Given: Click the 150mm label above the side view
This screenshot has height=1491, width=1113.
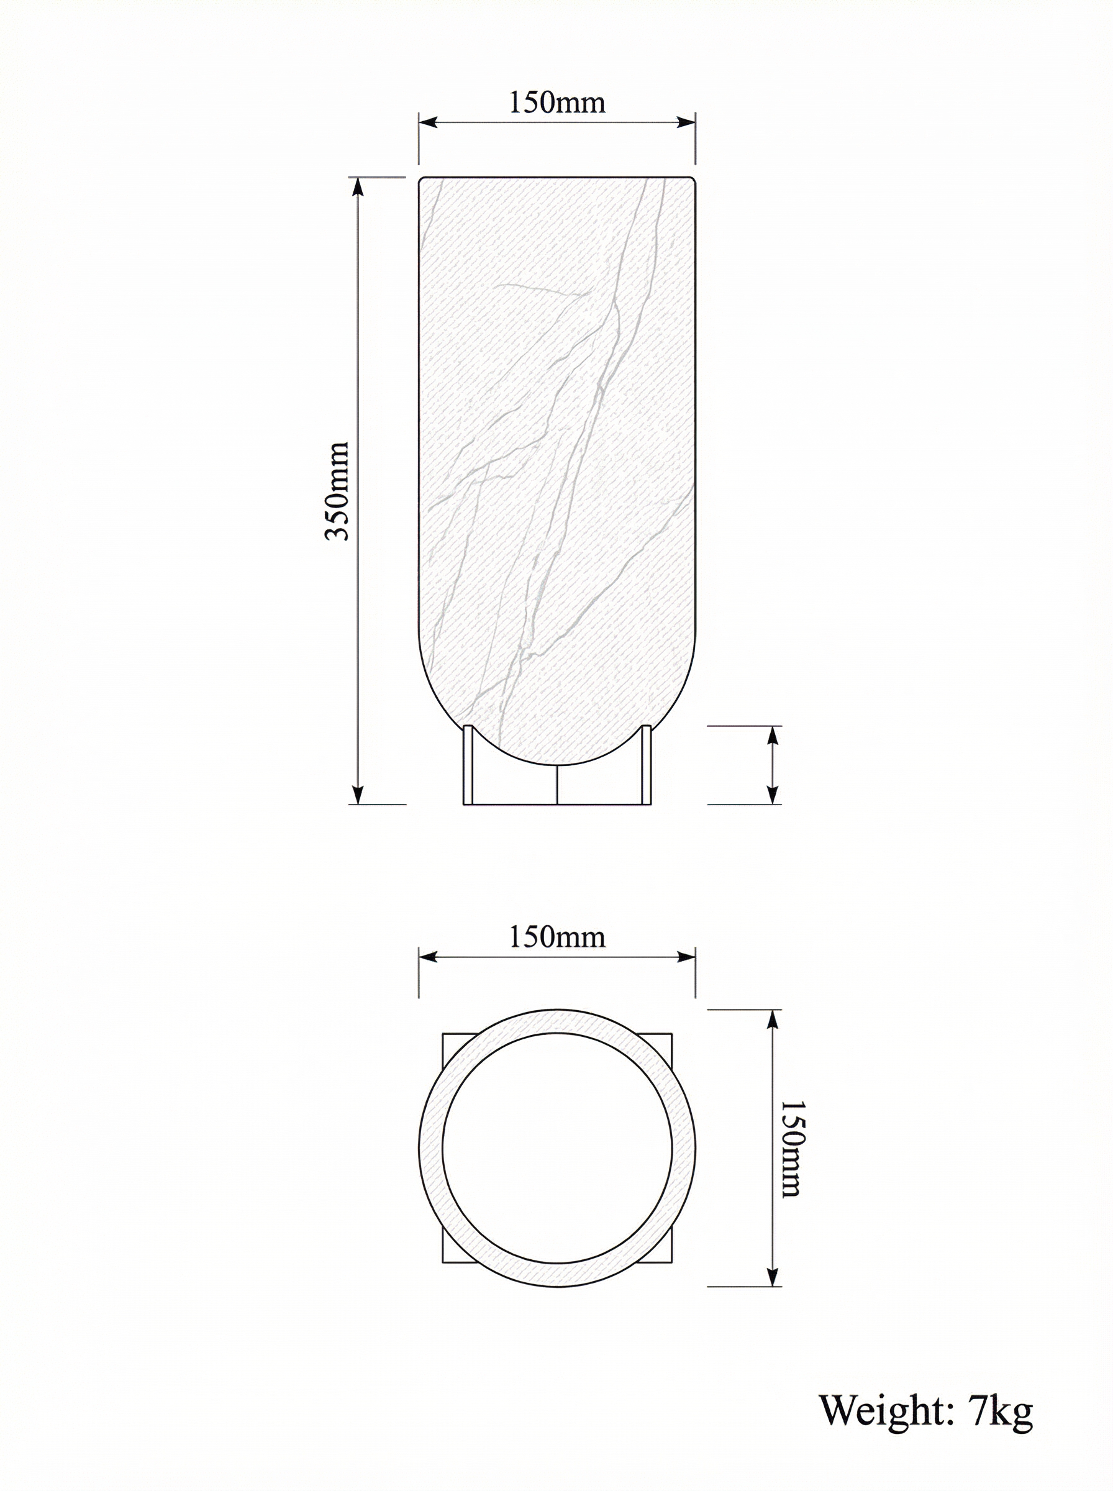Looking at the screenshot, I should [x=556, y=103].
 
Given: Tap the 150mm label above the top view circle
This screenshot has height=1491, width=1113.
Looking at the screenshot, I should [x=556, y=937].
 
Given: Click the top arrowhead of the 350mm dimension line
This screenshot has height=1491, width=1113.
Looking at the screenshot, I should [x=358, y=186].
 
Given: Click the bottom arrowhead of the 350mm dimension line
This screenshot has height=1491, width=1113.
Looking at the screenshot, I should [x=358, y=795].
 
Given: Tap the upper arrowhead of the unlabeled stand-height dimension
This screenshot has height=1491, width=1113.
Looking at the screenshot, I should [x=773, y=735].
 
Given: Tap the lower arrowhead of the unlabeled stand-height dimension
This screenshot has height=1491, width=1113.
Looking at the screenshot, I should [x=773, y=795].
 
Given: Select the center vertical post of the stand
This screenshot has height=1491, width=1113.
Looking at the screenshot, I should [x=558, y=785].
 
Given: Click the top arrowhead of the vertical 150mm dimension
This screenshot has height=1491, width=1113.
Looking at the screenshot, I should [x=773, y=1019].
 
